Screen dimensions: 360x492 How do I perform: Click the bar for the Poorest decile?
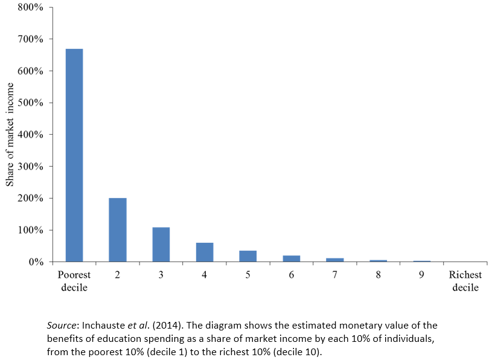74,155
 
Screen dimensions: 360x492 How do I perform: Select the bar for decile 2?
118,230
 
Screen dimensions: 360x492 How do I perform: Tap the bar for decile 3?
161,245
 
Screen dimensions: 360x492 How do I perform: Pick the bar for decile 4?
205,252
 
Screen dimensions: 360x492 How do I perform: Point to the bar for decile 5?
248,256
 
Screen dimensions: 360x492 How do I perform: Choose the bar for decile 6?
291,259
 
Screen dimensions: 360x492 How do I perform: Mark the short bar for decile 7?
334,260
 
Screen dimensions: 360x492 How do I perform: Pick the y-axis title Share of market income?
10,134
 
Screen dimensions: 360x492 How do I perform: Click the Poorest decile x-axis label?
74,281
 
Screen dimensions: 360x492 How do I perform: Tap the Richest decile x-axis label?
465,281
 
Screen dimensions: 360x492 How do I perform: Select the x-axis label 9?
421,275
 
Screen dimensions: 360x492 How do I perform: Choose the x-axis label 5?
248,275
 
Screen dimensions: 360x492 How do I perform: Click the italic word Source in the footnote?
62,326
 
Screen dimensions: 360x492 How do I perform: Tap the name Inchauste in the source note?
101,326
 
